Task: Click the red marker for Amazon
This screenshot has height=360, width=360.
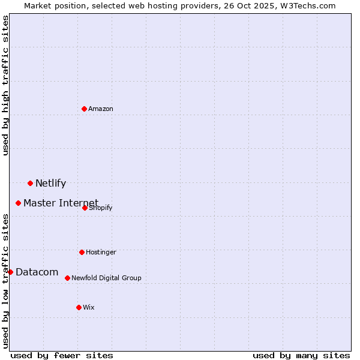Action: [x=85, y=109]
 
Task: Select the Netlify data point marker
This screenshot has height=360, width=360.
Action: [x=31, y=183]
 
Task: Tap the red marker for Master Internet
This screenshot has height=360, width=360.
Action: [x=19, y=203]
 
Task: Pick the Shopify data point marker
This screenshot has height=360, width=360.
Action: [x=85, y=208]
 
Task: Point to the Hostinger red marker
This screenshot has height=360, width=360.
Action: [x=82, y=252]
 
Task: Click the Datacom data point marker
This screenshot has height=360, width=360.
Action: [x=10, y=272]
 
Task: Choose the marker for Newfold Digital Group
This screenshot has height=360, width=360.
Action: [x=68, y=278]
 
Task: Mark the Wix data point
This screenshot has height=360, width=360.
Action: [x=79, y=307]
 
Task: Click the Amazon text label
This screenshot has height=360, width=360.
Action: [x=101, y=109]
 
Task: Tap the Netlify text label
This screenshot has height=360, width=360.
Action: [x=50, y=184]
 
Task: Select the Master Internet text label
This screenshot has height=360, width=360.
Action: [x=61, y=203]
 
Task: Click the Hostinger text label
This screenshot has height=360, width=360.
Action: [x=101, y=253]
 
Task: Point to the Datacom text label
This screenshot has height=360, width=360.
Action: [x=37, y=272]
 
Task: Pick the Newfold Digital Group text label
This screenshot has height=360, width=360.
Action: [x=106, y=278]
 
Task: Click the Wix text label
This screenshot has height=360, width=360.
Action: [x=89, y=308]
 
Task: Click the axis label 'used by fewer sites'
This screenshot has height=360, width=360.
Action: [x=62, y=355]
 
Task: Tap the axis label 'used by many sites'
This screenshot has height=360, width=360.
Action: [x=301, y=355]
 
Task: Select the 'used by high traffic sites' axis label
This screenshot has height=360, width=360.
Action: [x=6, y=85]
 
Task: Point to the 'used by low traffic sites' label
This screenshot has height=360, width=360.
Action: [x=6, y=280]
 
